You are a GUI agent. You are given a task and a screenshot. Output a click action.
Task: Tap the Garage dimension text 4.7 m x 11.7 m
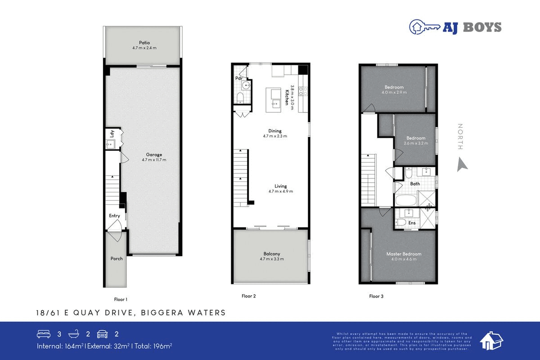tap(154, 160)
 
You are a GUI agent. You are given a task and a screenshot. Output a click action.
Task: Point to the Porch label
tap(117, 259)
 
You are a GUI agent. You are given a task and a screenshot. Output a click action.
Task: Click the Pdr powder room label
tap(238, 78)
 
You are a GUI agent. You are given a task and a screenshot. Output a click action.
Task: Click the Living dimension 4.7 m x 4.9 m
tap(281, 191)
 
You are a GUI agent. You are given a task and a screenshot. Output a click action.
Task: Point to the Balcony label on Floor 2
tap(271, 254)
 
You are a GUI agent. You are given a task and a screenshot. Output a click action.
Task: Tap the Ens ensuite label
tap(412, 223)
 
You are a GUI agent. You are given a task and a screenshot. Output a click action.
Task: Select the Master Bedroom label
tap(404, 254)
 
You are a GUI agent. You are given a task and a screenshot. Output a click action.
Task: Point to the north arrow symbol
tap(462, 164)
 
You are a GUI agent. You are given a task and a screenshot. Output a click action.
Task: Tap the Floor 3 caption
tap(376, 296)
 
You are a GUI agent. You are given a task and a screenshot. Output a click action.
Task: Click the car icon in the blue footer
tap(102, 334)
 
